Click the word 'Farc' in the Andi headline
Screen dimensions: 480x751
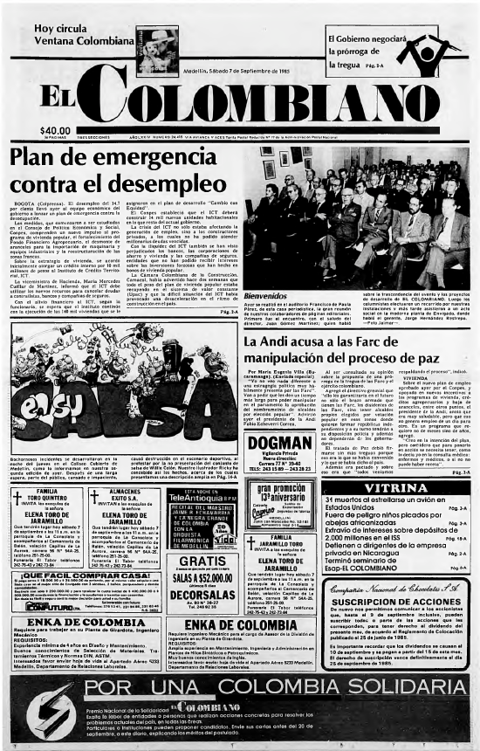(400, 343)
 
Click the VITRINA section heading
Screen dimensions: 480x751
(398, 463)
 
